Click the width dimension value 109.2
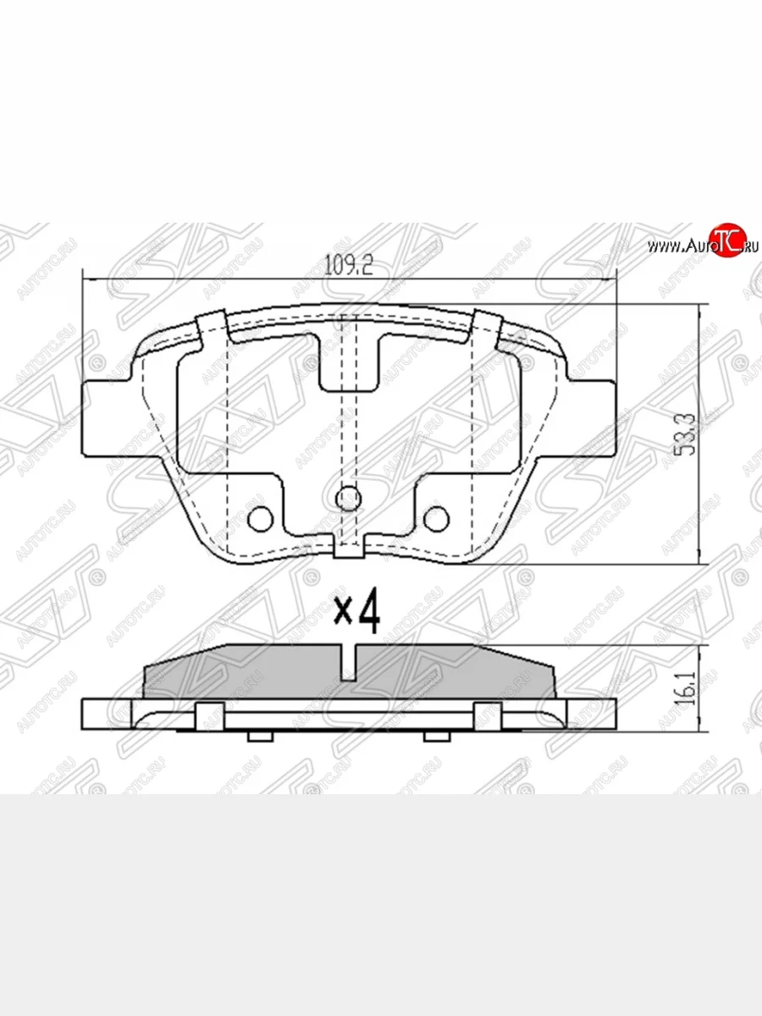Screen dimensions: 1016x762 pyautogui.click(x=349, y=265)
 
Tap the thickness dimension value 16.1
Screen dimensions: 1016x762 pyautogui.click(x=687, y=687)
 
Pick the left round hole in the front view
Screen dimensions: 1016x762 pyautogui.click(x=261, y=517)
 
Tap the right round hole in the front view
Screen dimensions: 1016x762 pyautogui.click(x=436, y=517)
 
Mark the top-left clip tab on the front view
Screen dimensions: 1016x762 pyautogui.click(x=211, y=327)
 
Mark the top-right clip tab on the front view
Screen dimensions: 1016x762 pyautogui.click(x=488, y=327)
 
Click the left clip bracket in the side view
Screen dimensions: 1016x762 pyautogui.click(x=209, y=715)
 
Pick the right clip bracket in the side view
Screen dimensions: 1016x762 pyautogui.click(x=488, y=715)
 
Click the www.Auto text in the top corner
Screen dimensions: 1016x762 pyautogui.click(x=677, y=246)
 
